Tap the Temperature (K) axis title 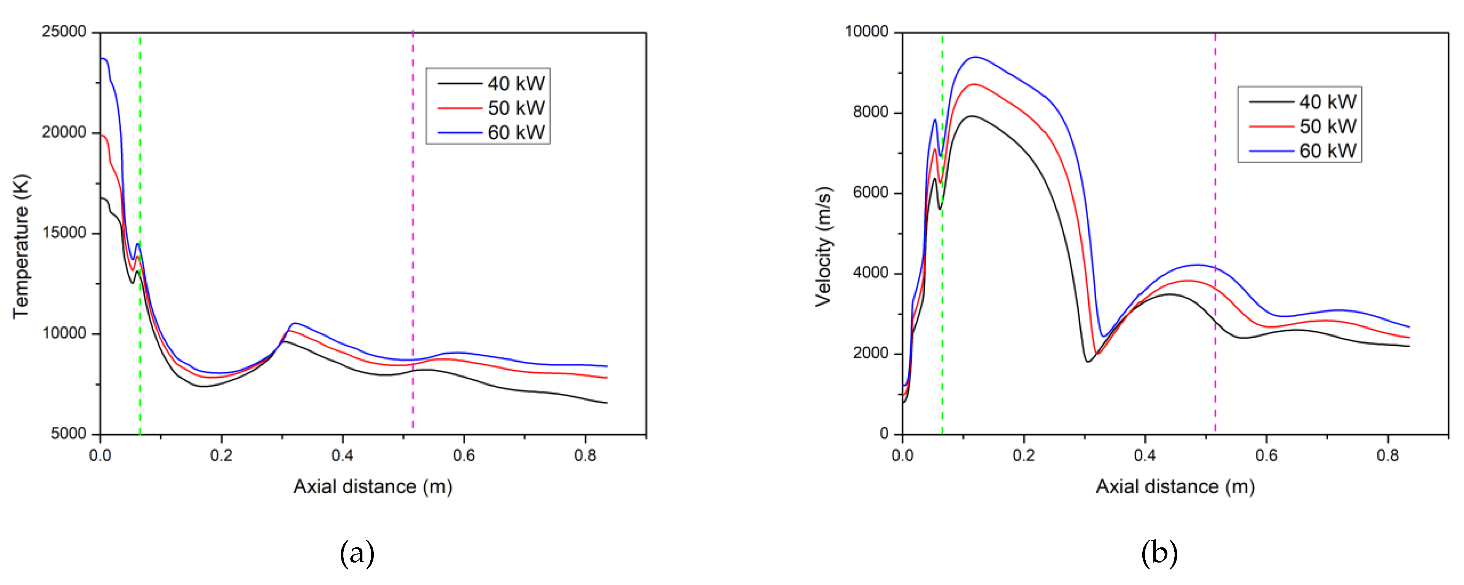click(x=21, y=246)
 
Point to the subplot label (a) click(x=357, y=553)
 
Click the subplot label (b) click(x=1159, y=553)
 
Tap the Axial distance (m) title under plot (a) click(x=373, y=486)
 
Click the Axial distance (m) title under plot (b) click(x=1175, y=486)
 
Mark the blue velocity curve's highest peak click(x=975, y=57)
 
